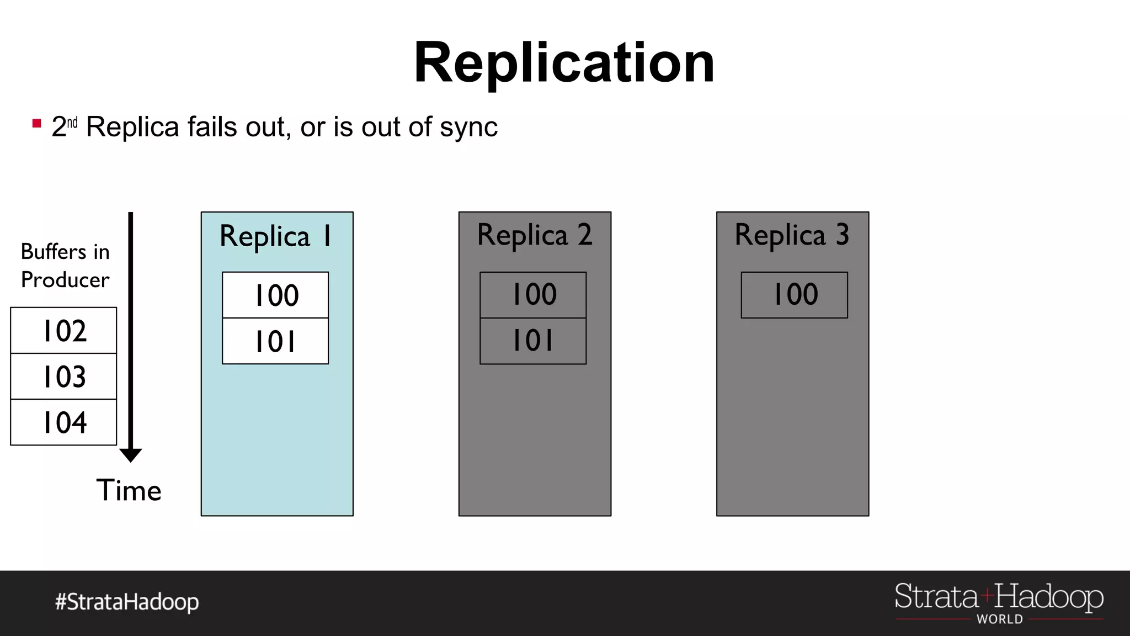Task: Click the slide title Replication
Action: [x=564, y=63]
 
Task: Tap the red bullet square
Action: [x=37, y=124]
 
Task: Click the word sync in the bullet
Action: [x=468, y=128]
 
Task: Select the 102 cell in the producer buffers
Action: [x=64, y=331]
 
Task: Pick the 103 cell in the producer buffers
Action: [x=64, y=377]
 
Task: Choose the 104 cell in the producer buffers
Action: [x=64, y=422]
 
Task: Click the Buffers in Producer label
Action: [x=65, y=266]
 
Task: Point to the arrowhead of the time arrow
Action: [x=131, y=455]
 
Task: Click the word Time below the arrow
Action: [x=129, y=490]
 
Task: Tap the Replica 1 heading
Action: [x=276, y=236]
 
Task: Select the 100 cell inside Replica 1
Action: [x=276, y=295]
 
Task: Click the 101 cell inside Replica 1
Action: [x=276, y=341]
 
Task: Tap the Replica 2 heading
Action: [x=534, y=235]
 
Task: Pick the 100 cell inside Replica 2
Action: [x=534, y=295]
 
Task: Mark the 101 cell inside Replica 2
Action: [x=534, y=341]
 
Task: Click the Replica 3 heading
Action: [x=792, y=235]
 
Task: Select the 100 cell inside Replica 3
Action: [x=795, y=295]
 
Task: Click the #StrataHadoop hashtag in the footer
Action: [x=127, y=602]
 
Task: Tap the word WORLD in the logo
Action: [x=999, y=619]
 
